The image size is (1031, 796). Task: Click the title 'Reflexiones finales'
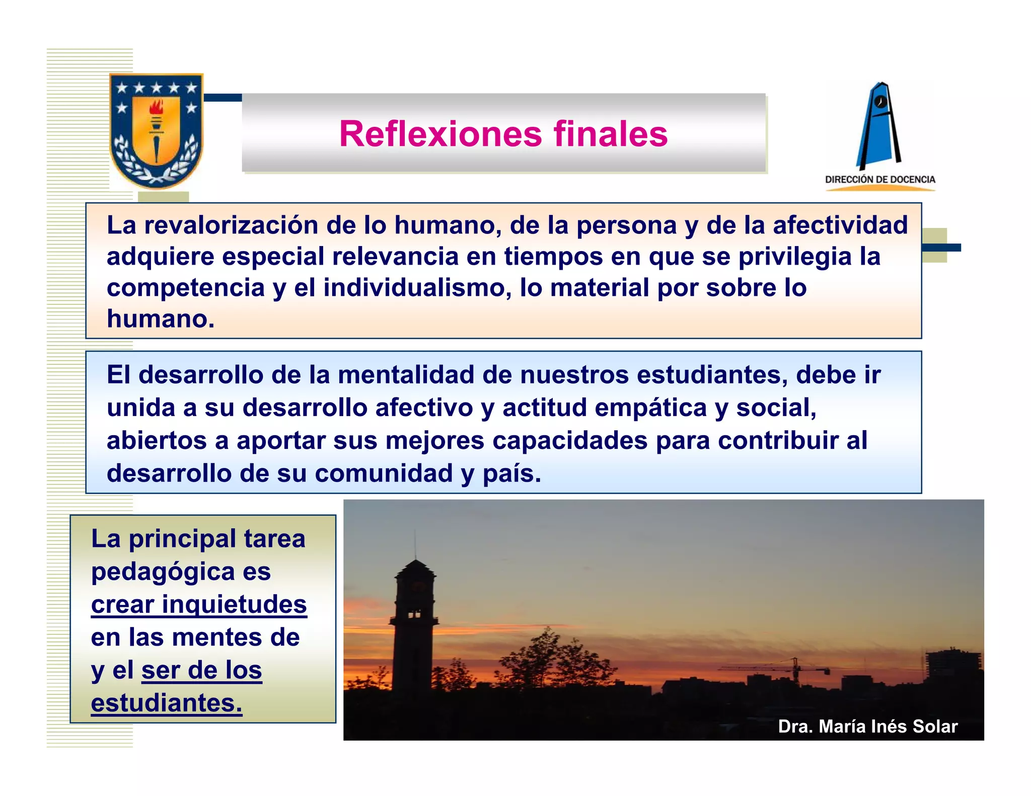503,134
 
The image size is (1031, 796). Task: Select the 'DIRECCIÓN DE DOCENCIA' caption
880,180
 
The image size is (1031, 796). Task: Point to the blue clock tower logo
879,126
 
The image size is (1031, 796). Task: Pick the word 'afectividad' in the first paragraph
840,225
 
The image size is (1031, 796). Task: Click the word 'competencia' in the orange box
186,288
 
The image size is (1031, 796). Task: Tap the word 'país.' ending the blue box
511,473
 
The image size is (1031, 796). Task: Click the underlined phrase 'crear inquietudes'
199,604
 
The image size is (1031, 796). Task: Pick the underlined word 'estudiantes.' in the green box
167,703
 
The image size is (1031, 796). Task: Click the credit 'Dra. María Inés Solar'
867,726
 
